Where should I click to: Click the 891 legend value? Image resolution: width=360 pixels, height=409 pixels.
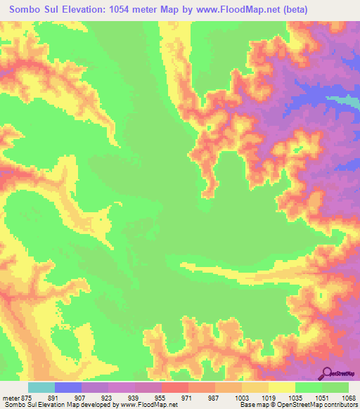coord(53,397)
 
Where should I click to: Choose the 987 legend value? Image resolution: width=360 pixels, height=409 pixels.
coord(214,397)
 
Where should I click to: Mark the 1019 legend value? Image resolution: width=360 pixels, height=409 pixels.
coord(268,397)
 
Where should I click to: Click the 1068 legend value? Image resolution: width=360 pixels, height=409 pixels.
coord(348,397)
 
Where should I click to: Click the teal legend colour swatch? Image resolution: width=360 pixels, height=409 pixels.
coord(41,387)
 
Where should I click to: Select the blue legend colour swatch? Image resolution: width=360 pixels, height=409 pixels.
coord(68,387)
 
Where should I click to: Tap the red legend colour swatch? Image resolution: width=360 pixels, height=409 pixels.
coord(175,387)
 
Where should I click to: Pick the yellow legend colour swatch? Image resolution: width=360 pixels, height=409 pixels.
coord(282,387)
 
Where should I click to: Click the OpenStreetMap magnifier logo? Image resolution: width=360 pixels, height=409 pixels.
coord(328,373)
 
